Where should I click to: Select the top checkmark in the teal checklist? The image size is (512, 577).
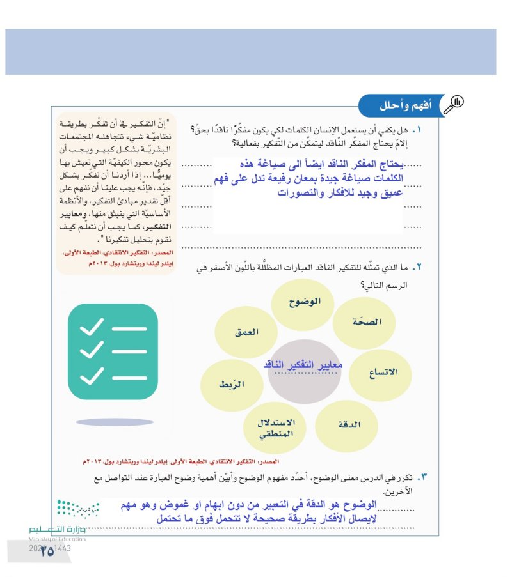tap(92, 327)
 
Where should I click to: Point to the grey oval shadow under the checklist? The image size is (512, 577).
tap(115, 422)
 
